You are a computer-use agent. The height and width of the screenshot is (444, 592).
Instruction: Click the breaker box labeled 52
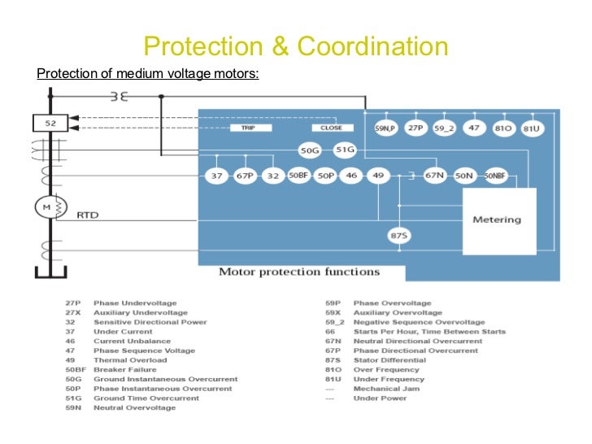pos(50,123)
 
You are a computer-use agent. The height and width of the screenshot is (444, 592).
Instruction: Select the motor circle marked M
pos(46,209)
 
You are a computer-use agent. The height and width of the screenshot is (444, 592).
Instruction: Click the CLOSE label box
pos(331,128)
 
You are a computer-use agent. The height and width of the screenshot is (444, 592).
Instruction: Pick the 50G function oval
pos(310,150)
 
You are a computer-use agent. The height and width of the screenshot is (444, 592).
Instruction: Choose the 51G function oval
pos(346,150)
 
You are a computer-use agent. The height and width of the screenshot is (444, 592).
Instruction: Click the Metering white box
pos(497,220)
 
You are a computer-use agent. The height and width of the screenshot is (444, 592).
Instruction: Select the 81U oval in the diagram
pos(533,128)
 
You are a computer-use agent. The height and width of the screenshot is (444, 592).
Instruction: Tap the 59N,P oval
pos(385,128)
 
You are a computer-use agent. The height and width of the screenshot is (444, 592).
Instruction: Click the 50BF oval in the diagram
pos(298,175)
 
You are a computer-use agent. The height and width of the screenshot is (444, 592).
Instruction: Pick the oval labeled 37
pos(216,175)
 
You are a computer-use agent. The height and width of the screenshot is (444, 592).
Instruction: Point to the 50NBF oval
pos(494,175)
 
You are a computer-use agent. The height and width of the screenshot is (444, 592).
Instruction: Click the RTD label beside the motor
pos(87,216)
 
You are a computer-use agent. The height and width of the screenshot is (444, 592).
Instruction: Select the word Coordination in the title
pos(372,46)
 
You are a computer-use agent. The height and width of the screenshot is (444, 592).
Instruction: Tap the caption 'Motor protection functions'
pos(298,272)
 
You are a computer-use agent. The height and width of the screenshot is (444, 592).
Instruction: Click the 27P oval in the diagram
pos(416,128)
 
